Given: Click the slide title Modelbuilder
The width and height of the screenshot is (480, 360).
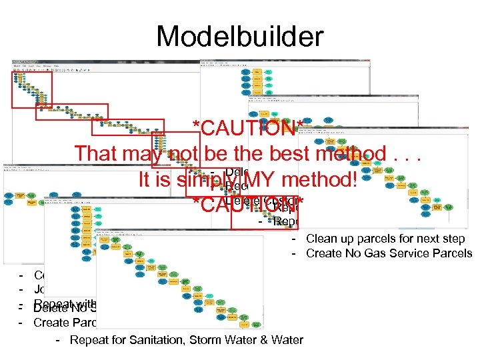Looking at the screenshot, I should [x=239, y=36].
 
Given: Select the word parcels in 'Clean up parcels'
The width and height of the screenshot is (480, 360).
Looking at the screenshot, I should [x=378, y=238].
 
